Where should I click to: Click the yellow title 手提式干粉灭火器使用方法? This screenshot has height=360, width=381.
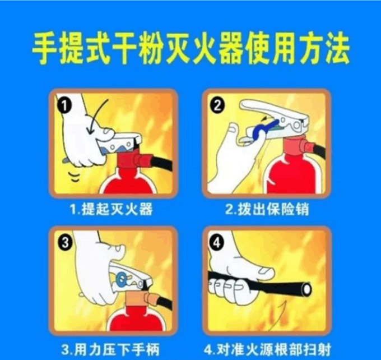click(190, 48)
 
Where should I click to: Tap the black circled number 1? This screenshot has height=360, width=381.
click(64, 107)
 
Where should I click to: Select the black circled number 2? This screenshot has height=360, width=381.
click(217, 106)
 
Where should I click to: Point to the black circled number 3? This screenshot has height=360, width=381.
click(65, 242)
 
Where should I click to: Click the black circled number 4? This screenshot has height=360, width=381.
click(217, 242)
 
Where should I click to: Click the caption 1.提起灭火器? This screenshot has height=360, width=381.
click(111, 209)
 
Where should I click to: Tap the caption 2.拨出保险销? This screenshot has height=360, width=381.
click(267, 209)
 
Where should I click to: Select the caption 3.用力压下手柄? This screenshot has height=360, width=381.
click(110, 349)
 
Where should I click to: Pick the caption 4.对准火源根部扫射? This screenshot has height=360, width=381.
click(267, 349)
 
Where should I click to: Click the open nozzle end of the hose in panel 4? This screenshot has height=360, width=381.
click(306, 289)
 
